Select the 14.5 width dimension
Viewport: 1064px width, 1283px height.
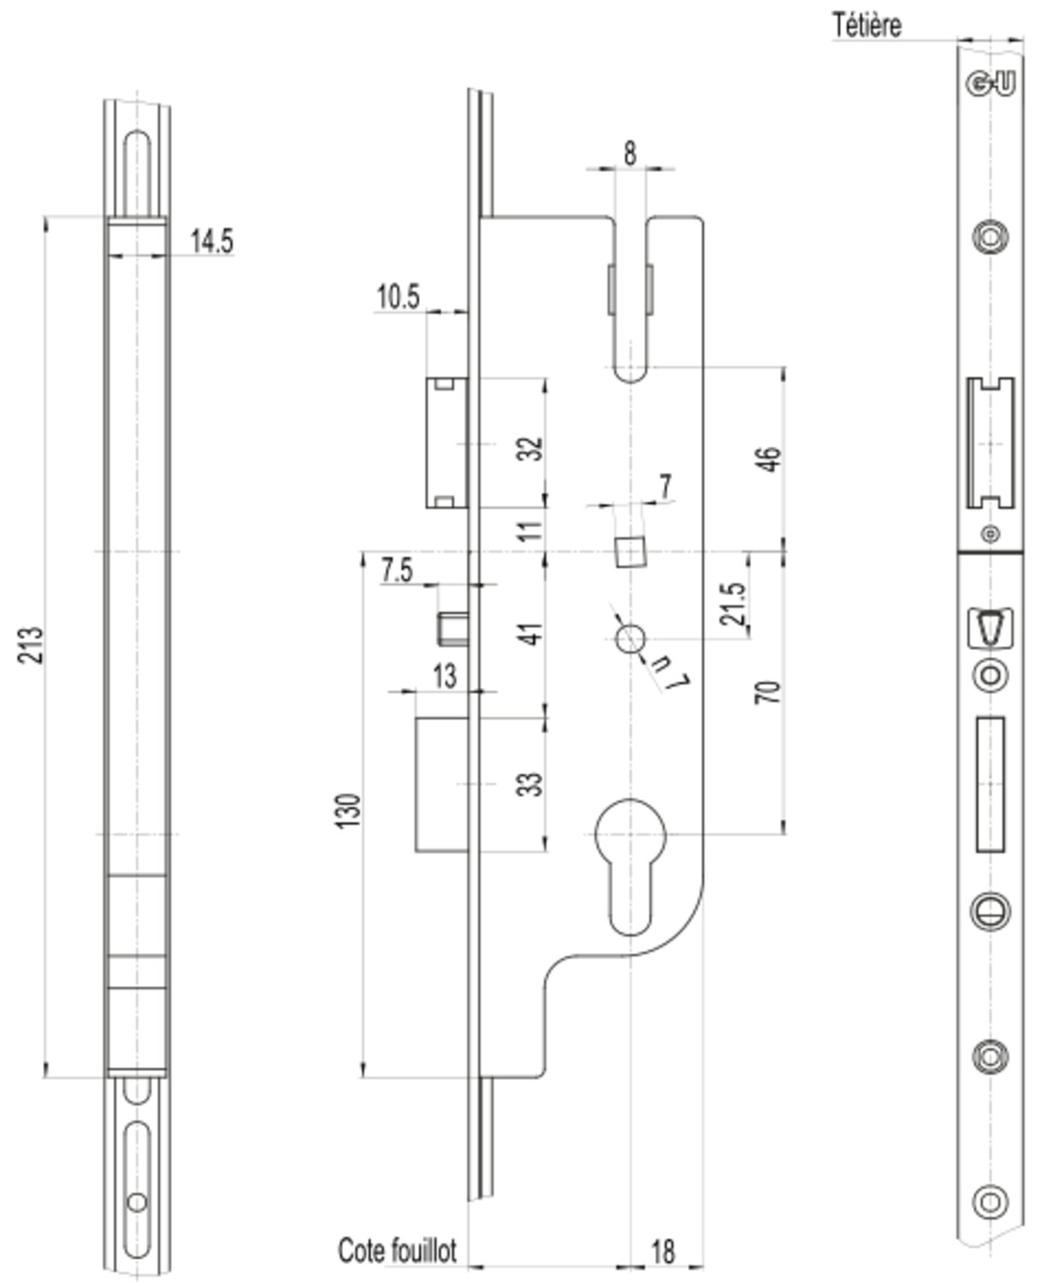[x=211, y=241]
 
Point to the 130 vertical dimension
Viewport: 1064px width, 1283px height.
[x=349, y=809]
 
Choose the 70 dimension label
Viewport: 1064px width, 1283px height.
[x=769, y=691]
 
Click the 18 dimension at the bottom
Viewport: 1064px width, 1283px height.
[x=663, y=1251]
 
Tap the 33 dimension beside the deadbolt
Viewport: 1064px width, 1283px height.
[x=531, y=783]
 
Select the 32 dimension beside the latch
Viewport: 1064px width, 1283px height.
[x=531, y=448]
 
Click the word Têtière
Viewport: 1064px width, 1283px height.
[x=867, y=25]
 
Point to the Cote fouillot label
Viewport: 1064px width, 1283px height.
[x=398, y=1250]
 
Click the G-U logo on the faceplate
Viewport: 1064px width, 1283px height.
[x=990, y=84]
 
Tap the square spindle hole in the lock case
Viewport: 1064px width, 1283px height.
[x=630, y=552]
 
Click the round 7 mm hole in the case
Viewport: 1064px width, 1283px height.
[x=630, y=638]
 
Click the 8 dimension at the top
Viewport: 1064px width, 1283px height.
[x=630, y=154]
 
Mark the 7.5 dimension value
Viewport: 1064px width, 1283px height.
[x=397, y=570]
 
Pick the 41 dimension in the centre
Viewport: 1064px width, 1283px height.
[x=531, y=634]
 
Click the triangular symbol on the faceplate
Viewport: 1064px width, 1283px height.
[x=990, y=628]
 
